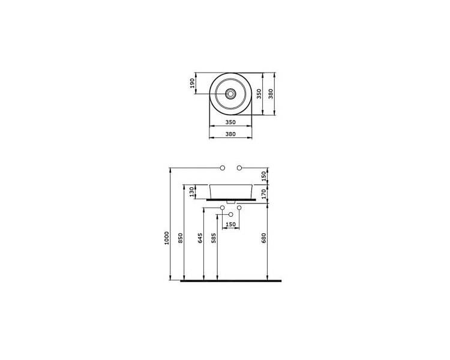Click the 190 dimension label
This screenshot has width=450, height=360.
click(x=193, y=83)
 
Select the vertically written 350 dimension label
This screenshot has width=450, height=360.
click(x=259, y=94)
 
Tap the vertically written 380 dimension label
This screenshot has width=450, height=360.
click(x=271, y=94)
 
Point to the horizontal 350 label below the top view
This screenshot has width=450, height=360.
click(x=230, y=122)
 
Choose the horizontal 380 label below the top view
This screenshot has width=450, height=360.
click(x=230, y=134)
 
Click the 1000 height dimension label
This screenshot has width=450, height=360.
click(x=167, y=238)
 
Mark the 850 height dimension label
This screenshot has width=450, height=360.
click(x=181, y=238)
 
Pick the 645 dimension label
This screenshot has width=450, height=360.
click(x=200, y=238)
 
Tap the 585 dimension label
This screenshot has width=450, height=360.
click(x=214, y=238)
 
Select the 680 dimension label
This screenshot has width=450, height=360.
click(x=264, y=238)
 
